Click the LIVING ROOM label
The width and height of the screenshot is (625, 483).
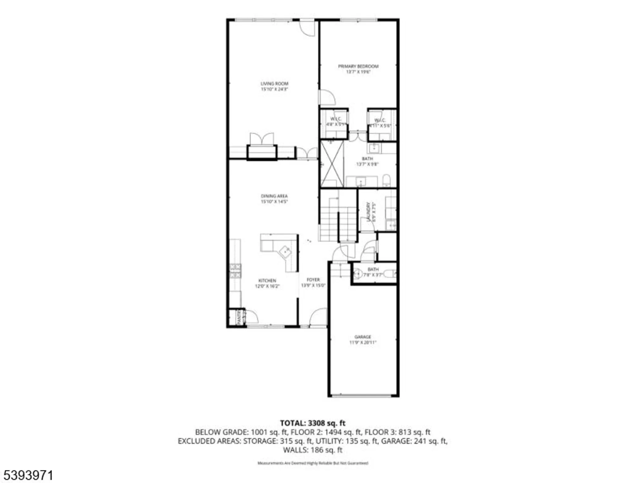pyautogui.click(x=274, y=83)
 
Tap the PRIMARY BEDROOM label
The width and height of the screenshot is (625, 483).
pyautogui.click(x=358, y=66)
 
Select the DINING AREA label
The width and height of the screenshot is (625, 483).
pyautogui.click(x=274, y=196)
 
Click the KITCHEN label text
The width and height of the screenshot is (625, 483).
pyautogui.click(x=267, y=280)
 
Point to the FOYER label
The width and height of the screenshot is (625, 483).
pyautogui.click(x=313, y=280)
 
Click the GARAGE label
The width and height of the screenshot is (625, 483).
pyautogui.click(x=363, y=337)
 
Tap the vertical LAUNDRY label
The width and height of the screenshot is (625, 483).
pyautogui.click(x=369, y=211)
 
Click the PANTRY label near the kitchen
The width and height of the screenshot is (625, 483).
pyautogui.click(x=239, y=317)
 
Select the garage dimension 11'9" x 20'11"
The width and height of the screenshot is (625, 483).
pyautogui.click(x=363, y=343)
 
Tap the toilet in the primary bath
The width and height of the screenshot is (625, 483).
pyautogui.click(x=386, y=180)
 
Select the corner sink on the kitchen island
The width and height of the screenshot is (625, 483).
pyautogui.click(x=285, y=251)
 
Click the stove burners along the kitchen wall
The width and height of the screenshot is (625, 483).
pyautogui.click(x=235, y=271)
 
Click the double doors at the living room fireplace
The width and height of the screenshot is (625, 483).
pyautogui.click(x=262, y=139)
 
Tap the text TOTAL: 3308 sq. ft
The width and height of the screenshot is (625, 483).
pyautogui.click(x=312, y=423)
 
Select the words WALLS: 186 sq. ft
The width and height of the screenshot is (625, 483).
pyautogui.click(x=312, y=450)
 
